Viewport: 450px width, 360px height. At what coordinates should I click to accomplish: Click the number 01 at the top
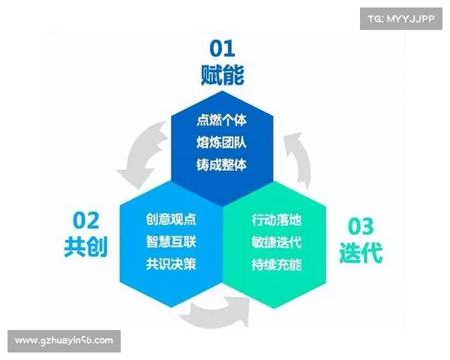pyautogui.click(x=221, y=50)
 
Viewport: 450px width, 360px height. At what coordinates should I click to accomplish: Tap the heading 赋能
pyautogui.click(x=222, y=76)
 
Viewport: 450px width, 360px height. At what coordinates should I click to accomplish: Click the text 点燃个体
pyautogui.click(x=221, y=119)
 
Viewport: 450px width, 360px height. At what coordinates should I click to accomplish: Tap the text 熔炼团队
pyautogui.click(x=221, y=142)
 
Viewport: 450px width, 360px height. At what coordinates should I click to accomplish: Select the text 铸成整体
pyautogui.click(x=221, y=164)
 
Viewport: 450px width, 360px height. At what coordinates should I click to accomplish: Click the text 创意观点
pyautogui.click(x=171, y=220)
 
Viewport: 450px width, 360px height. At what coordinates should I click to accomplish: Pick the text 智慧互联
pyautogui.click(x=171, y=242)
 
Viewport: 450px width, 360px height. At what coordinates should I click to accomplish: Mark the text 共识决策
pyautogui.click(x=171, y=264)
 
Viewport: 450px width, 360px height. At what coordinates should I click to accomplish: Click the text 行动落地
pyautogui.click(x=276, y=220)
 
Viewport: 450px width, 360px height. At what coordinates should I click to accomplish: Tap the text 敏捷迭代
pyautogui.click(x=276, y=242)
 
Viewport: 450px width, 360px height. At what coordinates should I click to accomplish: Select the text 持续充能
pyautogui.click(x=276, y=264)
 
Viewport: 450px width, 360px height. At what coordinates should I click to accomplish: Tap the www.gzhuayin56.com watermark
pyautogui.click(x=64, y=340)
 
